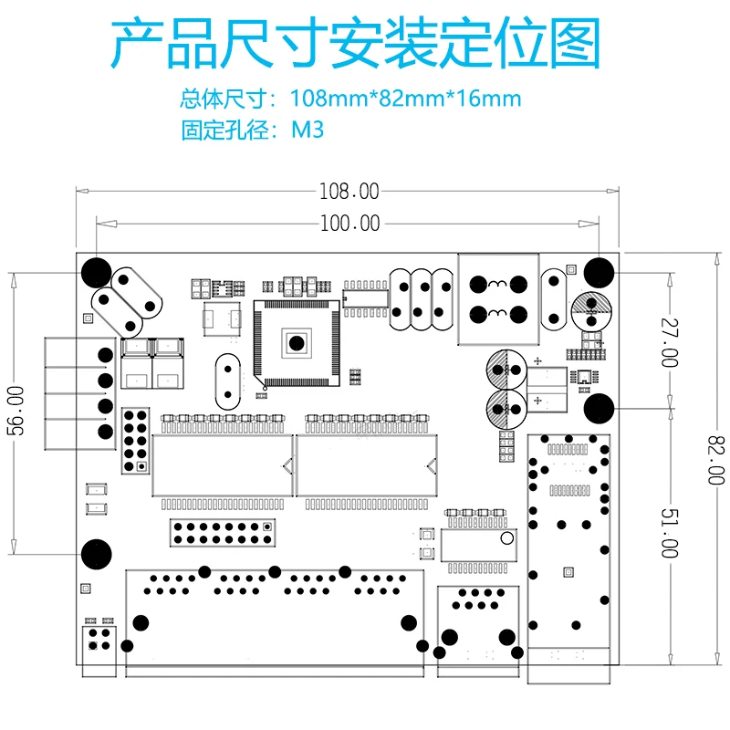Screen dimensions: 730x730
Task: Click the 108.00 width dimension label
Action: coord(348,192)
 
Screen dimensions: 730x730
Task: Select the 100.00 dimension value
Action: coord(349,223)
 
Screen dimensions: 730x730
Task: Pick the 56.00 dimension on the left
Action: coord(16,412)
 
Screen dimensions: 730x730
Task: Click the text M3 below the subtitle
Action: coord(308,130)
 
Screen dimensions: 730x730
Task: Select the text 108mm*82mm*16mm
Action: coord(406,98)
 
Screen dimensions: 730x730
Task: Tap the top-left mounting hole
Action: coord(96,271)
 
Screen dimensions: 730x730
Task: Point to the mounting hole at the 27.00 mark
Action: coord(598,408)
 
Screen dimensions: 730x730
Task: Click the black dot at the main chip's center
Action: coord(297,343)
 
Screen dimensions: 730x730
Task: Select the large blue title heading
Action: coord(356,44)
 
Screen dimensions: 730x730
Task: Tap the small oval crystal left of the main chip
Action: coord(224,381)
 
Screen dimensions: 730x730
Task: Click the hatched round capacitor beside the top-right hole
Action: coord(590,311)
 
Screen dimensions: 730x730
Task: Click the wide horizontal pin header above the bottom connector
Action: coord(222,530)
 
